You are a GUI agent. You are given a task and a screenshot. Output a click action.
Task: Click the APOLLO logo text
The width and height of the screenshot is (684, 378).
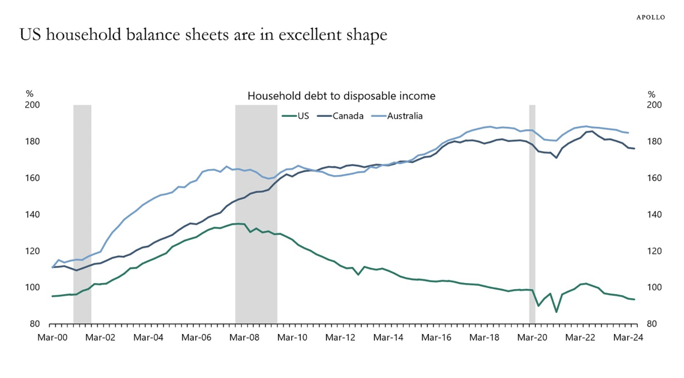point(650,17)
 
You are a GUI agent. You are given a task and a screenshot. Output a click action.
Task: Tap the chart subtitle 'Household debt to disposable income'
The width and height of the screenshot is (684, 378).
point(341,96)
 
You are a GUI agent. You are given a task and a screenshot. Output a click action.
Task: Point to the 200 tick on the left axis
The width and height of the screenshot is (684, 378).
point(32,105)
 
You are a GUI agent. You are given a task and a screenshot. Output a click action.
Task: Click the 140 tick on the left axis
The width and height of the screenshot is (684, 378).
point(32,214)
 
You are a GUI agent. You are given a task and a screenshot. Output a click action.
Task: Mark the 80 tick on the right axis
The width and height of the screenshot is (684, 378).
point(652,324)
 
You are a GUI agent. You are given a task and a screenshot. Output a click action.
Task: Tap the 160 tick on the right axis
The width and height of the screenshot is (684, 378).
point(654,178)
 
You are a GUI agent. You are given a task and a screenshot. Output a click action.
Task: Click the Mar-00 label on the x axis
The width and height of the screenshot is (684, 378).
point(52,337)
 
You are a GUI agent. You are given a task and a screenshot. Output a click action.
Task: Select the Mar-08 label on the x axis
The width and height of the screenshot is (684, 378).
point(244,337)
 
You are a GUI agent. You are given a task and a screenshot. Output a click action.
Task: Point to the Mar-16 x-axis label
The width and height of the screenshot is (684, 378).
point(436,337)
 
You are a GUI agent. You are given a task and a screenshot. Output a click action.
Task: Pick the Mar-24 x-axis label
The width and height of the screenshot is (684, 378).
point(628,337)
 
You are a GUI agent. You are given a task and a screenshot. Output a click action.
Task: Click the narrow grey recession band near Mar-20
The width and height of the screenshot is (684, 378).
point(532,216)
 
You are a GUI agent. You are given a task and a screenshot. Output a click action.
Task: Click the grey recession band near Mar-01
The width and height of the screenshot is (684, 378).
point(82,194)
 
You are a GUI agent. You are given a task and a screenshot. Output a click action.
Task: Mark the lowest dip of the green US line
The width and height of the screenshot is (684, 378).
point(556,312)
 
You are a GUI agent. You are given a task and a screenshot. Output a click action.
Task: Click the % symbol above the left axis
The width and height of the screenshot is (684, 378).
point(29,94)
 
